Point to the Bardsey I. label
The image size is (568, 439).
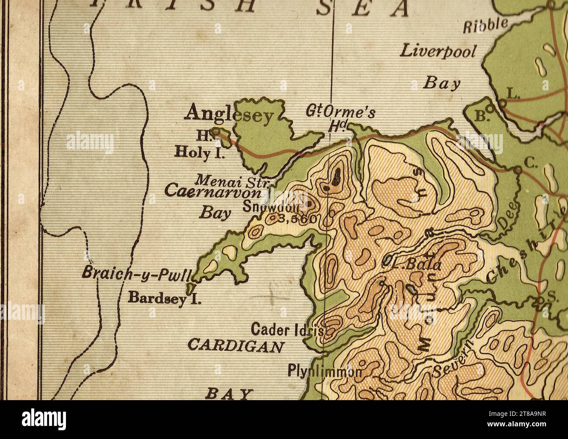coord(164,297)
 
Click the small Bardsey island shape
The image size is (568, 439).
coord(190,288)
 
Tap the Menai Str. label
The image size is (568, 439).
coord(233,180)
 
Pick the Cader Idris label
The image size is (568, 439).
coord(287,329)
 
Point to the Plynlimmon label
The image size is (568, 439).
coord(324,371)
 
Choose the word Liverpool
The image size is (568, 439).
coord(438,51)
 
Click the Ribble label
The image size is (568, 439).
coord(485,25)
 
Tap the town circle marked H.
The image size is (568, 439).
coord(215,131)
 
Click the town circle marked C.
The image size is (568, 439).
coord(518,169)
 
